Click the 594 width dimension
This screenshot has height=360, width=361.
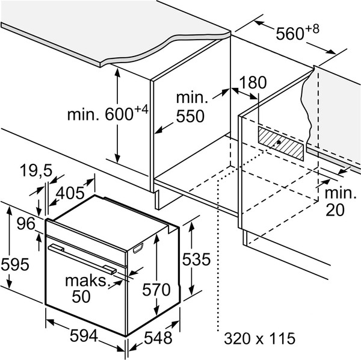click(84, 336)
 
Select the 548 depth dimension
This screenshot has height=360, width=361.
click(158, 338)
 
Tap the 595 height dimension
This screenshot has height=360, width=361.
click(15, 264)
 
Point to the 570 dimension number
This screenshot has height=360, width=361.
click(156, 290)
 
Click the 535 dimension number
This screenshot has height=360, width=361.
click(196, 259)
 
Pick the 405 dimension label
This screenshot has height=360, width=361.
click(70, 193)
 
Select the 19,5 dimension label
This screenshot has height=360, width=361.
click(36, 171)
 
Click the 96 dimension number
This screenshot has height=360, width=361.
click(26, 223)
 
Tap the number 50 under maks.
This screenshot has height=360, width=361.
click(81, 296)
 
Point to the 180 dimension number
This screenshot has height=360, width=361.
click(253, 82)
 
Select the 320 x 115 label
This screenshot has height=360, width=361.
click(259, 338)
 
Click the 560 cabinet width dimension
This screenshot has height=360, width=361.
click(290, 34)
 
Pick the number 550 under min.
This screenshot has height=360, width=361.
click(190, 116)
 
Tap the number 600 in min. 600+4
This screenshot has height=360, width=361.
click(119, 114)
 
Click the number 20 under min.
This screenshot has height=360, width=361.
click(335, 210)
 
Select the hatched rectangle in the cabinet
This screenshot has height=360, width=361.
click(280, 143)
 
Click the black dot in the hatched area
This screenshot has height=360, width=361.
click(279, 142)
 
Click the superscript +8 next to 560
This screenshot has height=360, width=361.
click(312, 29)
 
